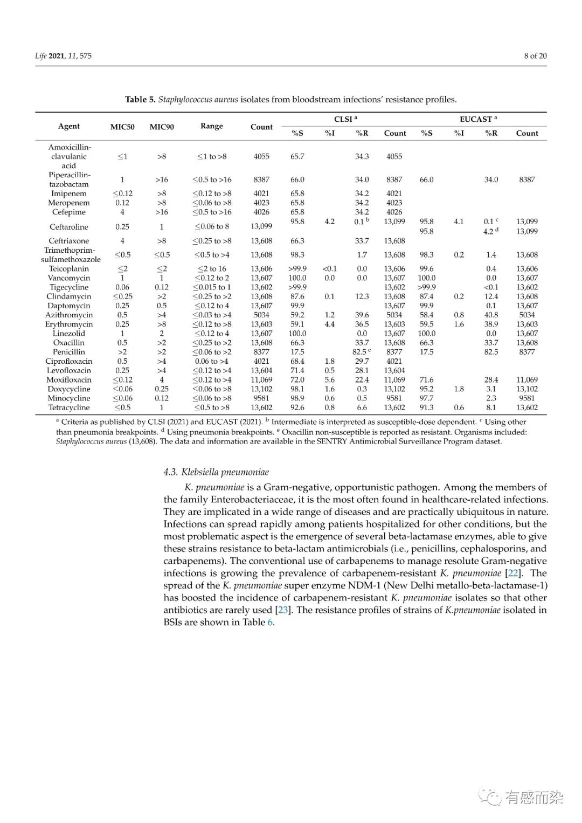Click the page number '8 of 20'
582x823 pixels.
click(x=535, y=56)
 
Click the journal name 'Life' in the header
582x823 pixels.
click(x=41, y=56)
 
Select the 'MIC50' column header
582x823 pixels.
click(x=122, y=127)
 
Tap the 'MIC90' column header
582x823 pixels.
click(x=162, y=127)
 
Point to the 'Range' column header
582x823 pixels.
click(x=211, y=126)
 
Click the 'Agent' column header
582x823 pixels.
click(x=69, y=126)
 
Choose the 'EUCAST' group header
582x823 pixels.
click(x=476, y=119)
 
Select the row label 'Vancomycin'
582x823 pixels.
click(x=69, y=278)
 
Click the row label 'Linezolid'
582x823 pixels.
click(x=69, y=334)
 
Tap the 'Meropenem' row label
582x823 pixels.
click(x=69, y=203)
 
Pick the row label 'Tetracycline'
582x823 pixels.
click(x=69, y=408)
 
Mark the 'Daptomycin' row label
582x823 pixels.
click(x=69, y=306)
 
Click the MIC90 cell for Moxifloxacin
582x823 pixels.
click(x=162, y=380)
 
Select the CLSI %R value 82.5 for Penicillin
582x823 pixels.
click(x=359, y=352)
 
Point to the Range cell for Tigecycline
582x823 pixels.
click(x=212, y=287)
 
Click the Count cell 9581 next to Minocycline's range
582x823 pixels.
click(x=261, y=398)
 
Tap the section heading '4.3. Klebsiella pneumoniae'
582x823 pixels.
click(x=216, y=473)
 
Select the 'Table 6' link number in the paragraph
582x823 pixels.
click(x=270, y=623)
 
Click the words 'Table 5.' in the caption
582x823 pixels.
click(x=140, y=99)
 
